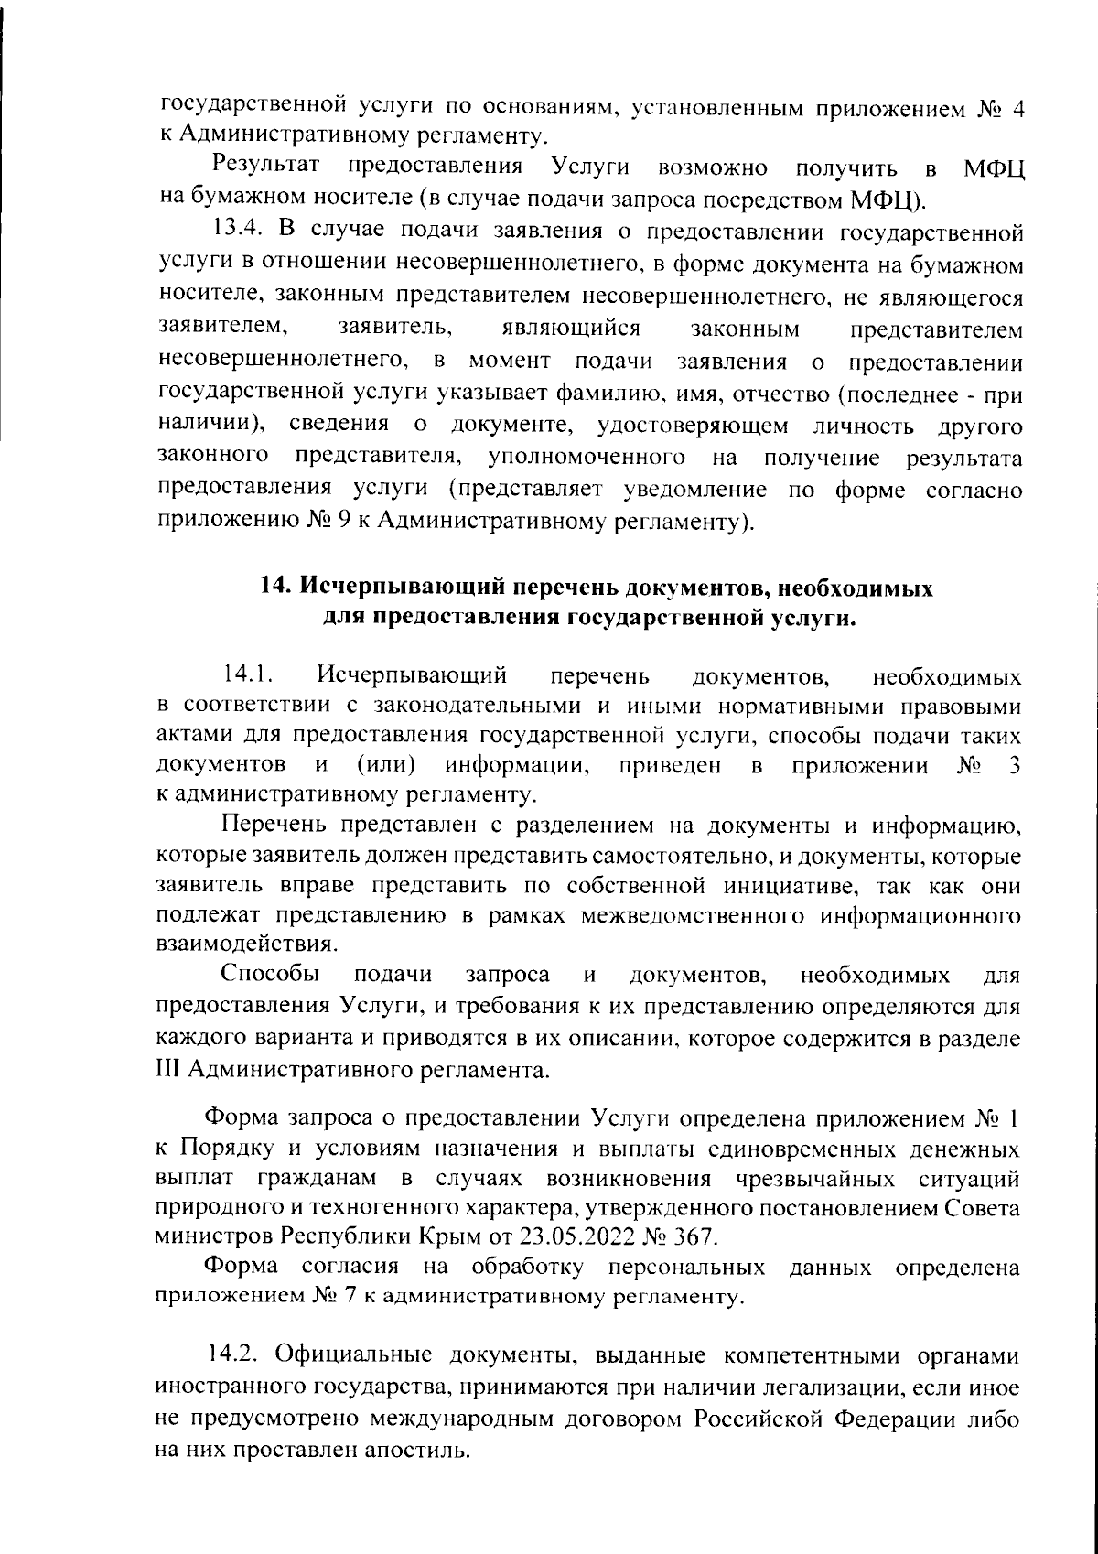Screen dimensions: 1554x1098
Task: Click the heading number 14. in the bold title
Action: [276, 588]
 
